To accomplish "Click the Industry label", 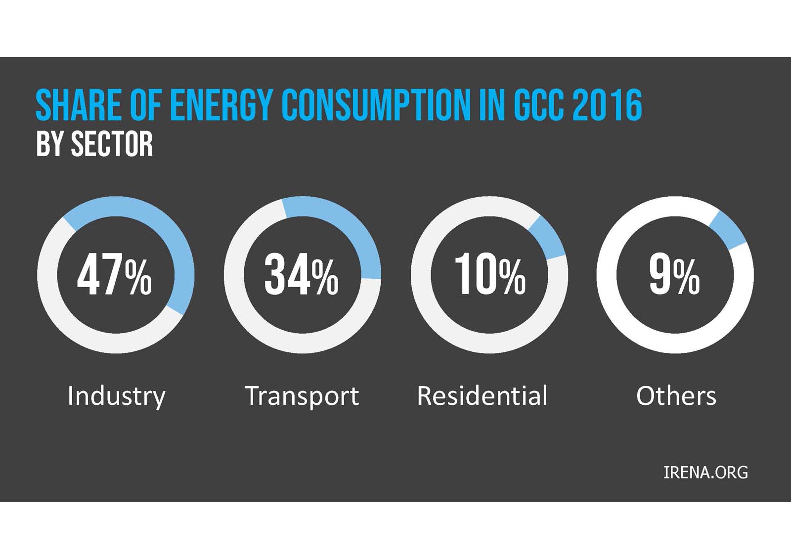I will tap(116, 396).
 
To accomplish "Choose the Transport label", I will tap(302, 396).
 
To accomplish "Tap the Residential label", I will tap(483, 396).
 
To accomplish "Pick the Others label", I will tap(676, 396).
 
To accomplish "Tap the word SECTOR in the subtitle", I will tap(112, 144).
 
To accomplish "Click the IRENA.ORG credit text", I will tap(705, 473).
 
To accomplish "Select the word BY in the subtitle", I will tap(50, 144).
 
